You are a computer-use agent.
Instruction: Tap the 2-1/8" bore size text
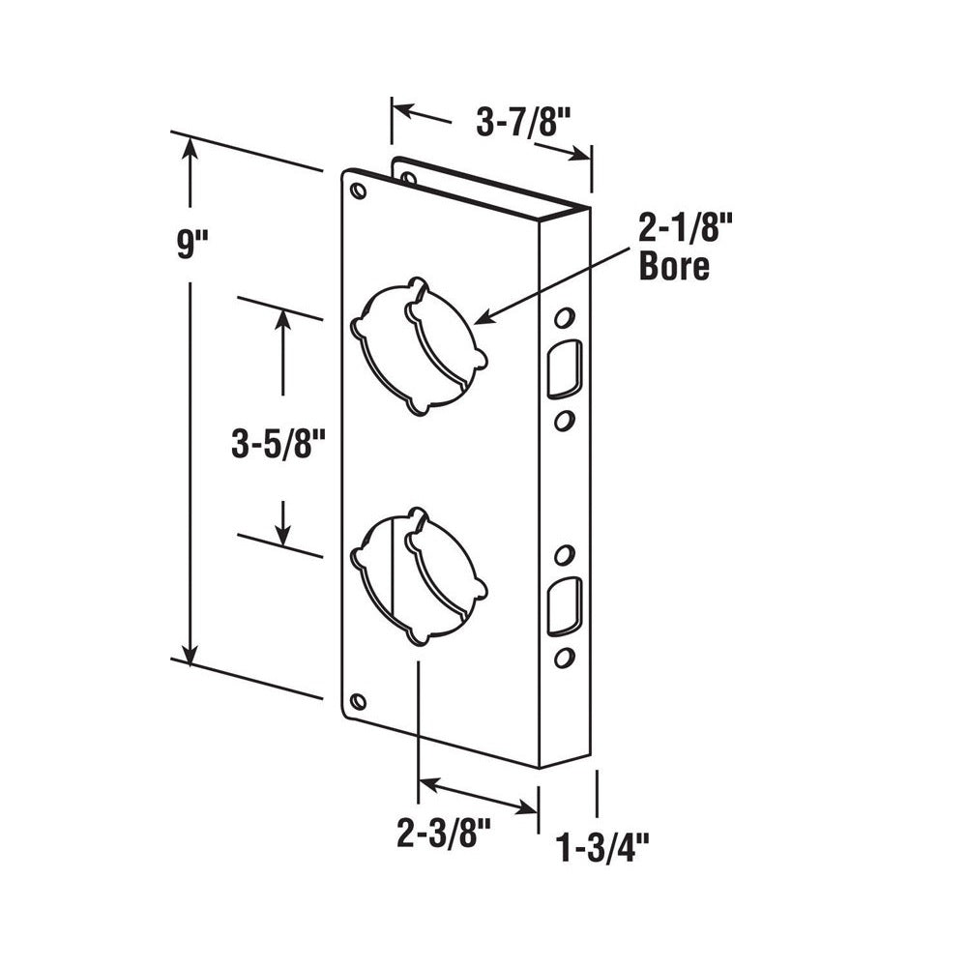[674, 232]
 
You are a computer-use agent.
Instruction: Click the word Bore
[674, 267]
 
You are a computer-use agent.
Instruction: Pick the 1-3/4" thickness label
[602, 850]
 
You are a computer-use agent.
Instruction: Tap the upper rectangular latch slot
[562, 367]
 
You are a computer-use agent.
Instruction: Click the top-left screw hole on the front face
[360, 191]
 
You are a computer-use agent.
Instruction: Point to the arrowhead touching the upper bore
[483, 318]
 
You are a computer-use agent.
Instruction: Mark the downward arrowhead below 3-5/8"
[282, 533]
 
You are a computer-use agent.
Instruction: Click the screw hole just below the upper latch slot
[563, 419]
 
